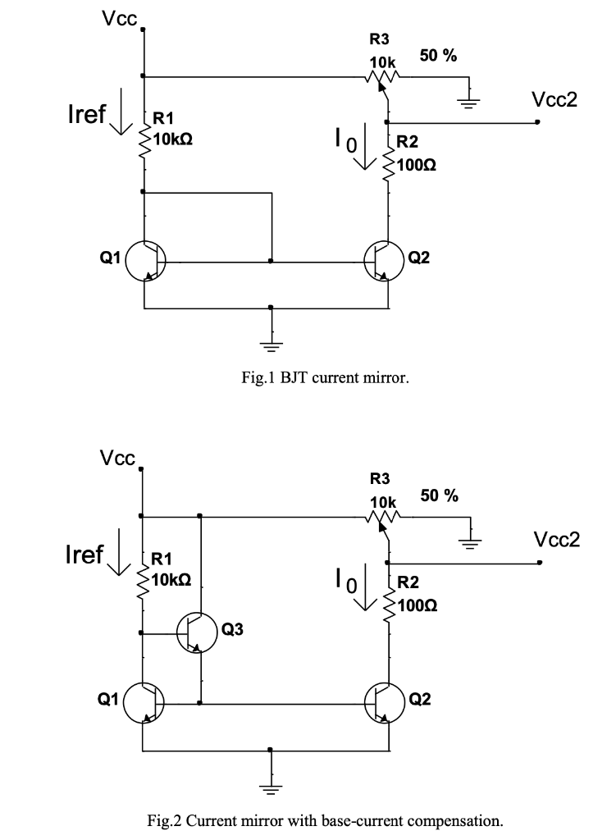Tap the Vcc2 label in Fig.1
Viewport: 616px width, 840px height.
554,99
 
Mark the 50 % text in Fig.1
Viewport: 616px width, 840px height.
439,57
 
